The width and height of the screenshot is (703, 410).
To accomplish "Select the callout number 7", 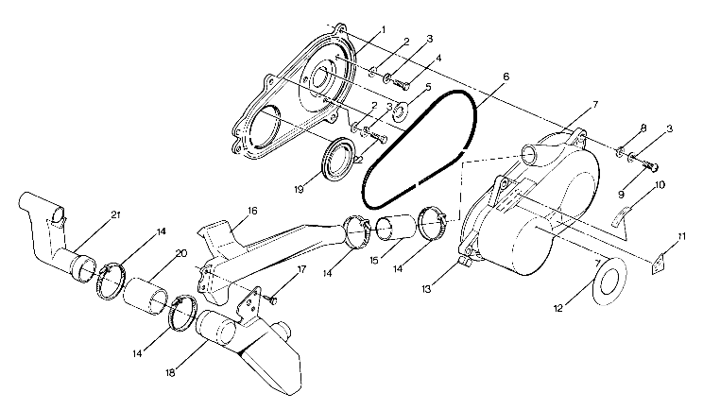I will click(x=595, y=103).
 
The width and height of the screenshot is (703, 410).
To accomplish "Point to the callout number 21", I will click(x=115, y=215).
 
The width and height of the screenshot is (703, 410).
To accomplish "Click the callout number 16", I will click(x=252, y=211).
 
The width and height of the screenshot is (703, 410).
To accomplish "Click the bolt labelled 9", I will click(x=650, y=167).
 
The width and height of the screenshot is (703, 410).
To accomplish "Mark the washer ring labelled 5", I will click(x=401, y=111).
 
